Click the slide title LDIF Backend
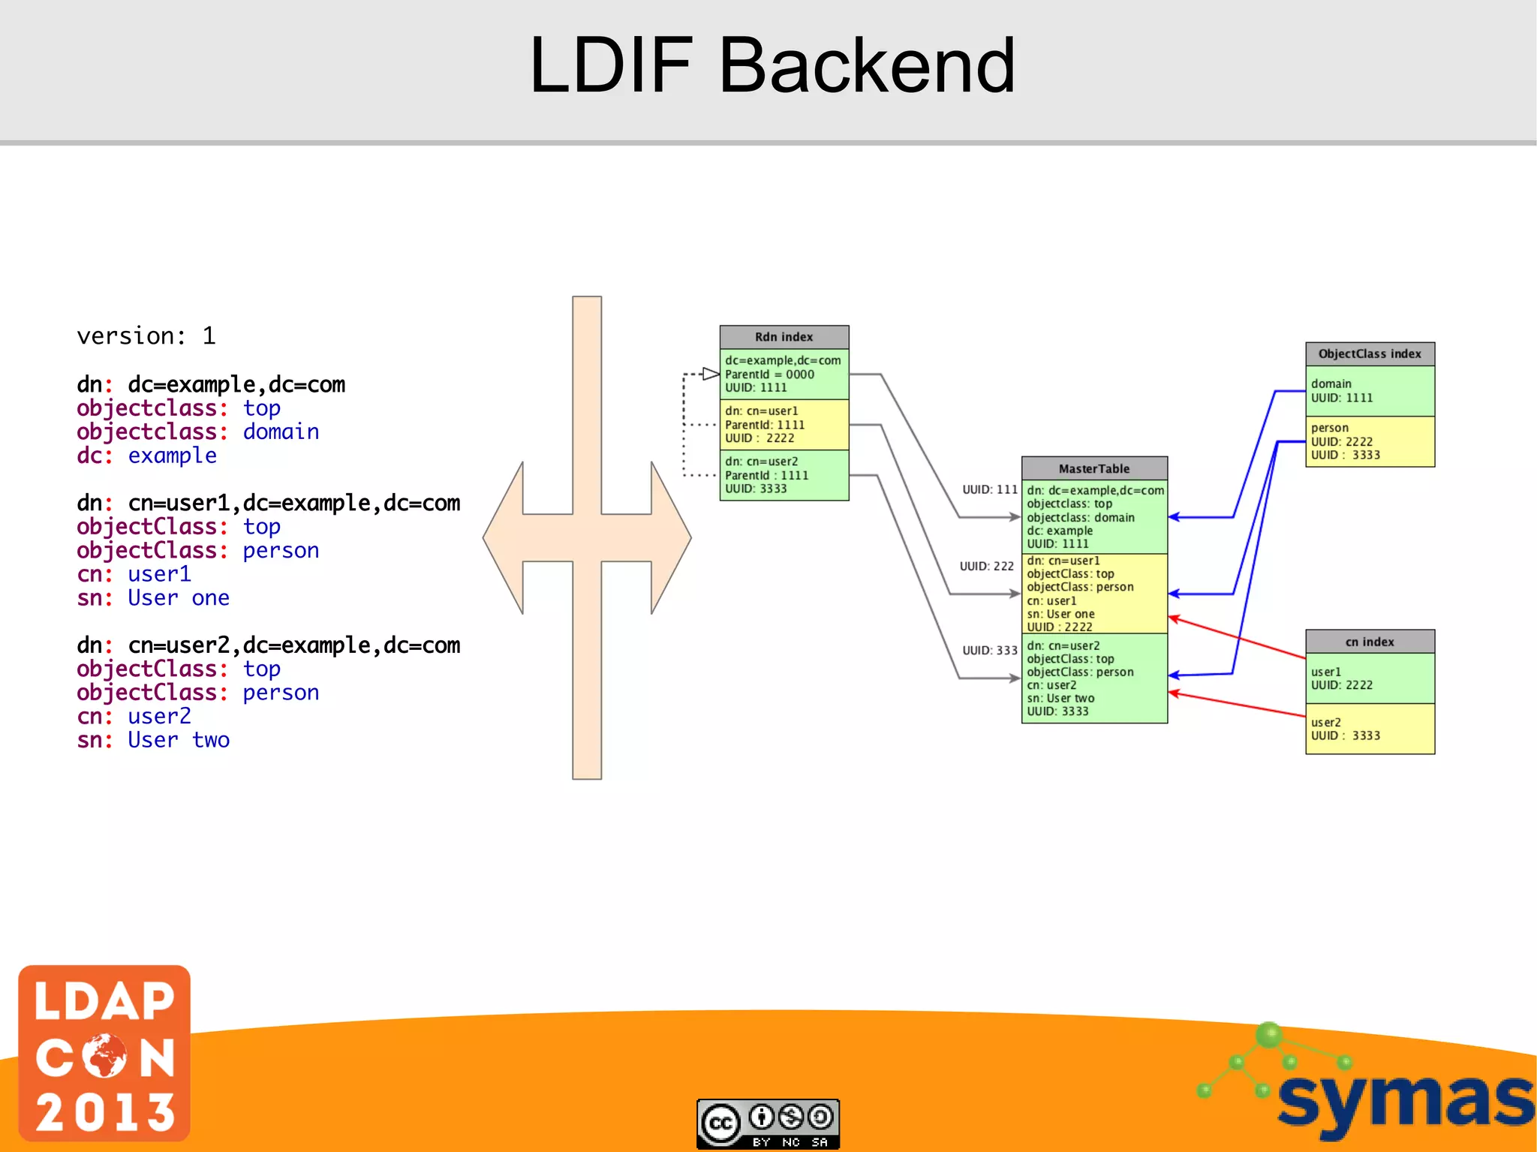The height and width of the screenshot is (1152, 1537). (x=772, y=66)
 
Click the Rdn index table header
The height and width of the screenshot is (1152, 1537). (x=784, y=337)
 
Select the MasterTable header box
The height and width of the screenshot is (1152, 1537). (x=1093, y=468)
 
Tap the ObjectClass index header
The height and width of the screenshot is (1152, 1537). (x=1369, y=353)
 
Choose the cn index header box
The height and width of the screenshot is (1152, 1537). (x=1369, y=642)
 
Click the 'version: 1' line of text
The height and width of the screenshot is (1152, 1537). (x=146, y=335)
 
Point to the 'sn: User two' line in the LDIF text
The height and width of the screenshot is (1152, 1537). (x=153, y=740)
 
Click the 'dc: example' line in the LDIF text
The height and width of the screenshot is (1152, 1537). (x=146, y=456)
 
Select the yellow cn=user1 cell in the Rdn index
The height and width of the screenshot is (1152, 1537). (x=784, y=425)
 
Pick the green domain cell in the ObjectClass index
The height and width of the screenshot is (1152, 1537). (x=1369, y=391)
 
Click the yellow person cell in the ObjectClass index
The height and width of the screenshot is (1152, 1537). (x=1369, y=441)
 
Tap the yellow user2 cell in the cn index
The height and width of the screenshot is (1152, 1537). (x=1369, y=729)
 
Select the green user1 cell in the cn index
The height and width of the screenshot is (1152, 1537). (x=1369, y=678)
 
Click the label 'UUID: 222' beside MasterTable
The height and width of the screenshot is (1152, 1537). (x=986, y=566)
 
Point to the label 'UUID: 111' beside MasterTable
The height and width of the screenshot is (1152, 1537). (x=989, y=489)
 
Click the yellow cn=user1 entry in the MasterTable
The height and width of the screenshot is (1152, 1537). (x=1093, y=594)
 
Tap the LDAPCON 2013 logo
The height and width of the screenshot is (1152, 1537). (x=104, y=1053)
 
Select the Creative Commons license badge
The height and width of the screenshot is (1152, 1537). (x=768, y=1123)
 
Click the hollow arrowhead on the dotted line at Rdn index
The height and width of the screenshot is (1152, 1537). (x=711, y=374)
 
